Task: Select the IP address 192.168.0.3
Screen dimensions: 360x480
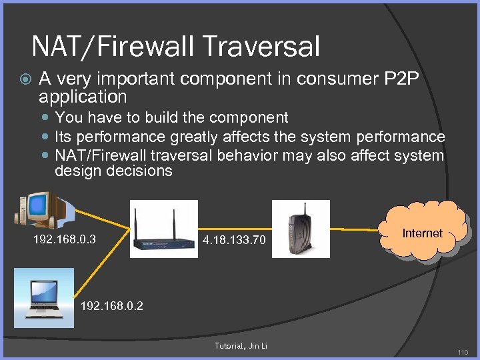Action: coord(64,239)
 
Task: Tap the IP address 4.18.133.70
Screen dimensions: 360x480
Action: coord(234,239)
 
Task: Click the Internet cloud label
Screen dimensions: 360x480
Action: coord(422,233)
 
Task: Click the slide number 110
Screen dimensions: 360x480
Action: coord(463,352)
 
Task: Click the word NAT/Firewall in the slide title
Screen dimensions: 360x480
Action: coord(107,47)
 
